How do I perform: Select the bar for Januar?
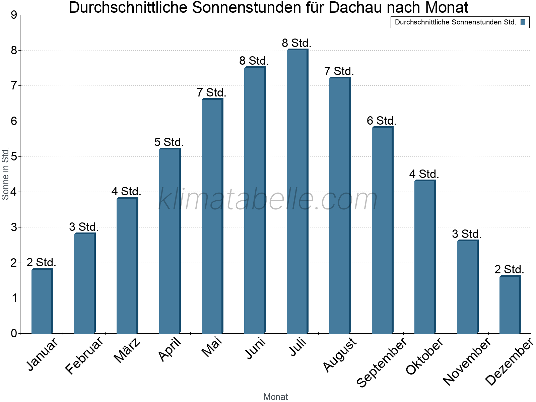pyautogui.click(x=42, y=301)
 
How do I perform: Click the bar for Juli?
pyautogui.click(x=297, y=191)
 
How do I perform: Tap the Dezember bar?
pyautogui.click(x=510, y=305)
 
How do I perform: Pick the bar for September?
pyautogui.click(x=383, y=230)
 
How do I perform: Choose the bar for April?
pyautogui.click(x=170, y=241)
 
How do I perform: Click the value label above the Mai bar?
pyautogui.click(x=211, y=92)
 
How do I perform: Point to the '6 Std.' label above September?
pyautogui.click(x=382, y=121)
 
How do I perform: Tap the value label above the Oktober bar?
pyautogui.click(x=424, y=174)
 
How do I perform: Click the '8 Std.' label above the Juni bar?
pyautogui.click(x=254, y=61)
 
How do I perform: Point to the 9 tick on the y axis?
pyautogui.click(x=14, y=15)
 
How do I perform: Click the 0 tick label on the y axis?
pyautogui.click(x=14, y=333)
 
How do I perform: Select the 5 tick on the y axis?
pyautogui.click(x=14, y=156)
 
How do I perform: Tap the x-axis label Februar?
pyautogui.click(x=84, y=355)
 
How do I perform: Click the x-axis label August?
pyautogui.click(x=340, y=355)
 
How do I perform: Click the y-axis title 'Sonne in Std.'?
pyautogui.click(x=5, y=174)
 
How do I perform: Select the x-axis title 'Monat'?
pyautogui.click(x=275, y=397)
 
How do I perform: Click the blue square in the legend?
pyautogui.click(x=523, y=22)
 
